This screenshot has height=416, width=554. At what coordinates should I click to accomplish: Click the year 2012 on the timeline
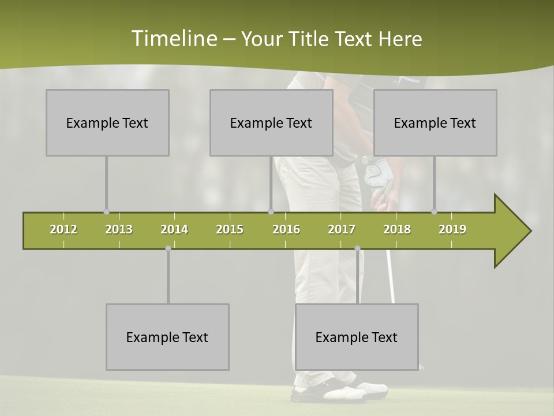pos(63,229)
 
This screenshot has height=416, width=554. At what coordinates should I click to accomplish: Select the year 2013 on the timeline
pos(119,229)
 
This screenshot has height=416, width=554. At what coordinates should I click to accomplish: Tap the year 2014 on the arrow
pos(174,229)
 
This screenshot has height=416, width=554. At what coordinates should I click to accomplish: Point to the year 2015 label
pos(230,229)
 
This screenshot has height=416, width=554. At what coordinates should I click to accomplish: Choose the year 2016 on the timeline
pos(286,229)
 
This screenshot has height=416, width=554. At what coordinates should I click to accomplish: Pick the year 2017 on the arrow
pos(342,229)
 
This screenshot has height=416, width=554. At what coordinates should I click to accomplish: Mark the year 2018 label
pos(397,229)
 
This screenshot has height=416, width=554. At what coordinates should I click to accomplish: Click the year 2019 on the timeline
pos(452,229)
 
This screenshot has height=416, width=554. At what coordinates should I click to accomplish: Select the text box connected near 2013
pos(107,122)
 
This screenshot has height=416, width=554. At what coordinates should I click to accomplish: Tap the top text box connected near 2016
pos(271,122)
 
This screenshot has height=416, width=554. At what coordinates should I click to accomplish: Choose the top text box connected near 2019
pos(435,122)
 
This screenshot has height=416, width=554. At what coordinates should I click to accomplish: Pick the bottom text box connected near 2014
pos(167,337)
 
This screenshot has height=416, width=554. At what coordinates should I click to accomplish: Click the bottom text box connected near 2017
pos(357,337)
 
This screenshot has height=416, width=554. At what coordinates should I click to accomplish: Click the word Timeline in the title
pos(173,39)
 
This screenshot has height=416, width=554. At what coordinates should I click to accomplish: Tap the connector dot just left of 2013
pos(106,212)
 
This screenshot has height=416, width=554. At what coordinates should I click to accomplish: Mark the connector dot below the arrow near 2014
pos(168,248)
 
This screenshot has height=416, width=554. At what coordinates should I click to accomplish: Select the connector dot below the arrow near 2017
pos(357,248)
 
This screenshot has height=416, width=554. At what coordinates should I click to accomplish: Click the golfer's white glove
pos(378,173)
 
